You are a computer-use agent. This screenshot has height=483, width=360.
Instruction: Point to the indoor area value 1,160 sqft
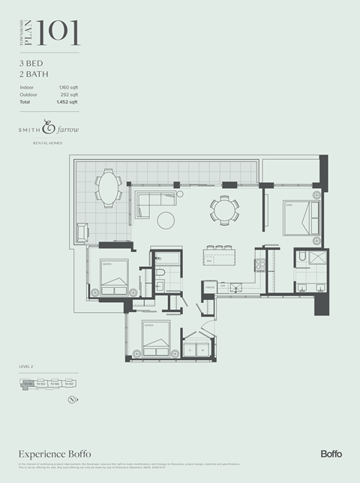click(68, 88)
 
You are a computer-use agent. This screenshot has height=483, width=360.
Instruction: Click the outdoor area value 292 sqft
click(69, 94)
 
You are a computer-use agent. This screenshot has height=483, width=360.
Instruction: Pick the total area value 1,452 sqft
click(67, 101)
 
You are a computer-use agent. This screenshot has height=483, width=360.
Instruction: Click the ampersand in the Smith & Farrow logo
click(50, 128)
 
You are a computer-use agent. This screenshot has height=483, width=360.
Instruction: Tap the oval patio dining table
click(109, 188)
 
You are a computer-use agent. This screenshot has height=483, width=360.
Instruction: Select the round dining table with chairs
click(223, 209)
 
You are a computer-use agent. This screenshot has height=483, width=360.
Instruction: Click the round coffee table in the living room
click(166, 220)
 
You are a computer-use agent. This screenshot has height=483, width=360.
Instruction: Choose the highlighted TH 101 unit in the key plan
click(28, 385)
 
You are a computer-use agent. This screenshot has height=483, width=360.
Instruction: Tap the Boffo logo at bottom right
click(331, 454)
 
